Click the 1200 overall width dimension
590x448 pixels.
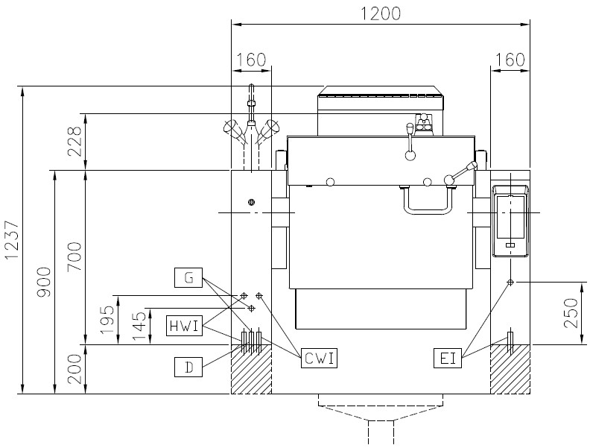coord(381,13)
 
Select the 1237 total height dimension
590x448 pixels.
coord(12,241)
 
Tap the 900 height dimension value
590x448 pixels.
coord(45,282)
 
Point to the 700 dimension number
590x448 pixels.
coord(74,256)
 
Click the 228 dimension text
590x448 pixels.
coord(74,142)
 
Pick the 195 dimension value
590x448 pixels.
coord(107,320)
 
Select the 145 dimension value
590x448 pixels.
coord(139,326)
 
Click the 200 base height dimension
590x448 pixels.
coord(74,369)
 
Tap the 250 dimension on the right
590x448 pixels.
coord(571,313)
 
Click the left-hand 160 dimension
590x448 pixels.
coord(251,60)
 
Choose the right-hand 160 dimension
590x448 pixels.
coord(510,60)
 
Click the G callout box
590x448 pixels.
coord(188,278)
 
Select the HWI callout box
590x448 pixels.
coord(185,326)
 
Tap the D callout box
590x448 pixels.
coord(188,367)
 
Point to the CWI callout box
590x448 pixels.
coord(319,358)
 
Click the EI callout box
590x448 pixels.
coord(448,358)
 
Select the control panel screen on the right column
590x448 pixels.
coord(510,218)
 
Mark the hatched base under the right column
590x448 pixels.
coord(510,369)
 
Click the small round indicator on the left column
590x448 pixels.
coord(251,202)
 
